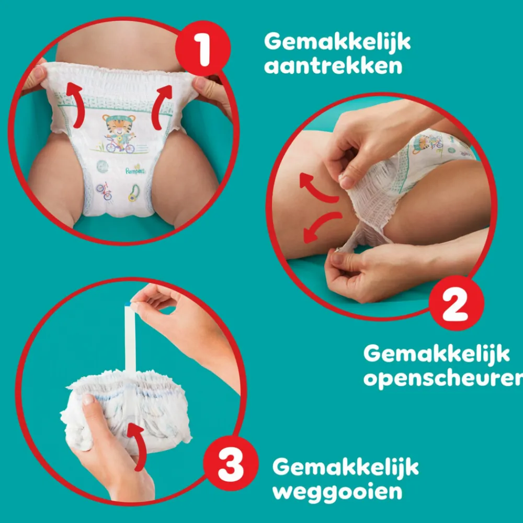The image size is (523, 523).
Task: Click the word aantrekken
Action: pyautogui.click(x=333, y=66)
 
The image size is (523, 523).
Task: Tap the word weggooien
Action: pyautogui.click(x=337, y=491)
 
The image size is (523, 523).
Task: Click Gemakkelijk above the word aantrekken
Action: pyautogui.click(x=337, y=42)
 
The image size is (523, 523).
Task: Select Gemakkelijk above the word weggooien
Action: pyautogui.click(x=345, y=467)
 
